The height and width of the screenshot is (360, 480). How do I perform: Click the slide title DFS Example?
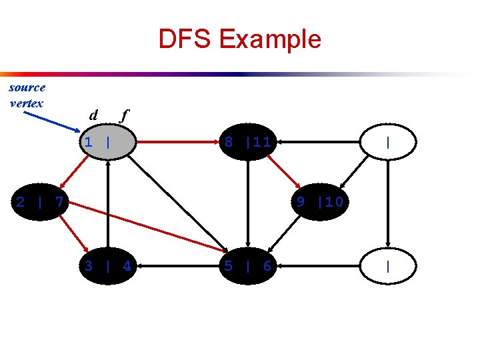[x=239, y=39]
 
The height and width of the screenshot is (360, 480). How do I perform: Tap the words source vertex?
[x=27, y=95]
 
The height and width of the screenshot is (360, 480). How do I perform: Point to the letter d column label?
[x=94, y=115]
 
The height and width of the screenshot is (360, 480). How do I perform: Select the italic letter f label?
[x=122, y=115]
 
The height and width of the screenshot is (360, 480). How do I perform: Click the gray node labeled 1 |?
[x=107, y=141]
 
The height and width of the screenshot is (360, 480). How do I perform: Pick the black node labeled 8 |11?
[x=247, y=141]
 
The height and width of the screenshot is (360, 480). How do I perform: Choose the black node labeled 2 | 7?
[x=40, y=201]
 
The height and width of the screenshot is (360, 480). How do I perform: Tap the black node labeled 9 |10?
[x=320, y=201]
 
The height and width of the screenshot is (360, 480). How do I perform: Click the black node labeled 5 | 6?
[x=247, y=266]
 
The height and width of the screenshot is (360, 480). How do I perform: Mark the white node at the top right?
[x=387, y=142]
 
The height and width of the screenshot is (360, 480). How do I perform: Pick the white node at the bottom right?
[x=387, y=266]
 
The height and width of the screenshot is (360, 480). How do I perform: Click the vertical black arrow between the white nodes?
[x=387, y=203]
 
